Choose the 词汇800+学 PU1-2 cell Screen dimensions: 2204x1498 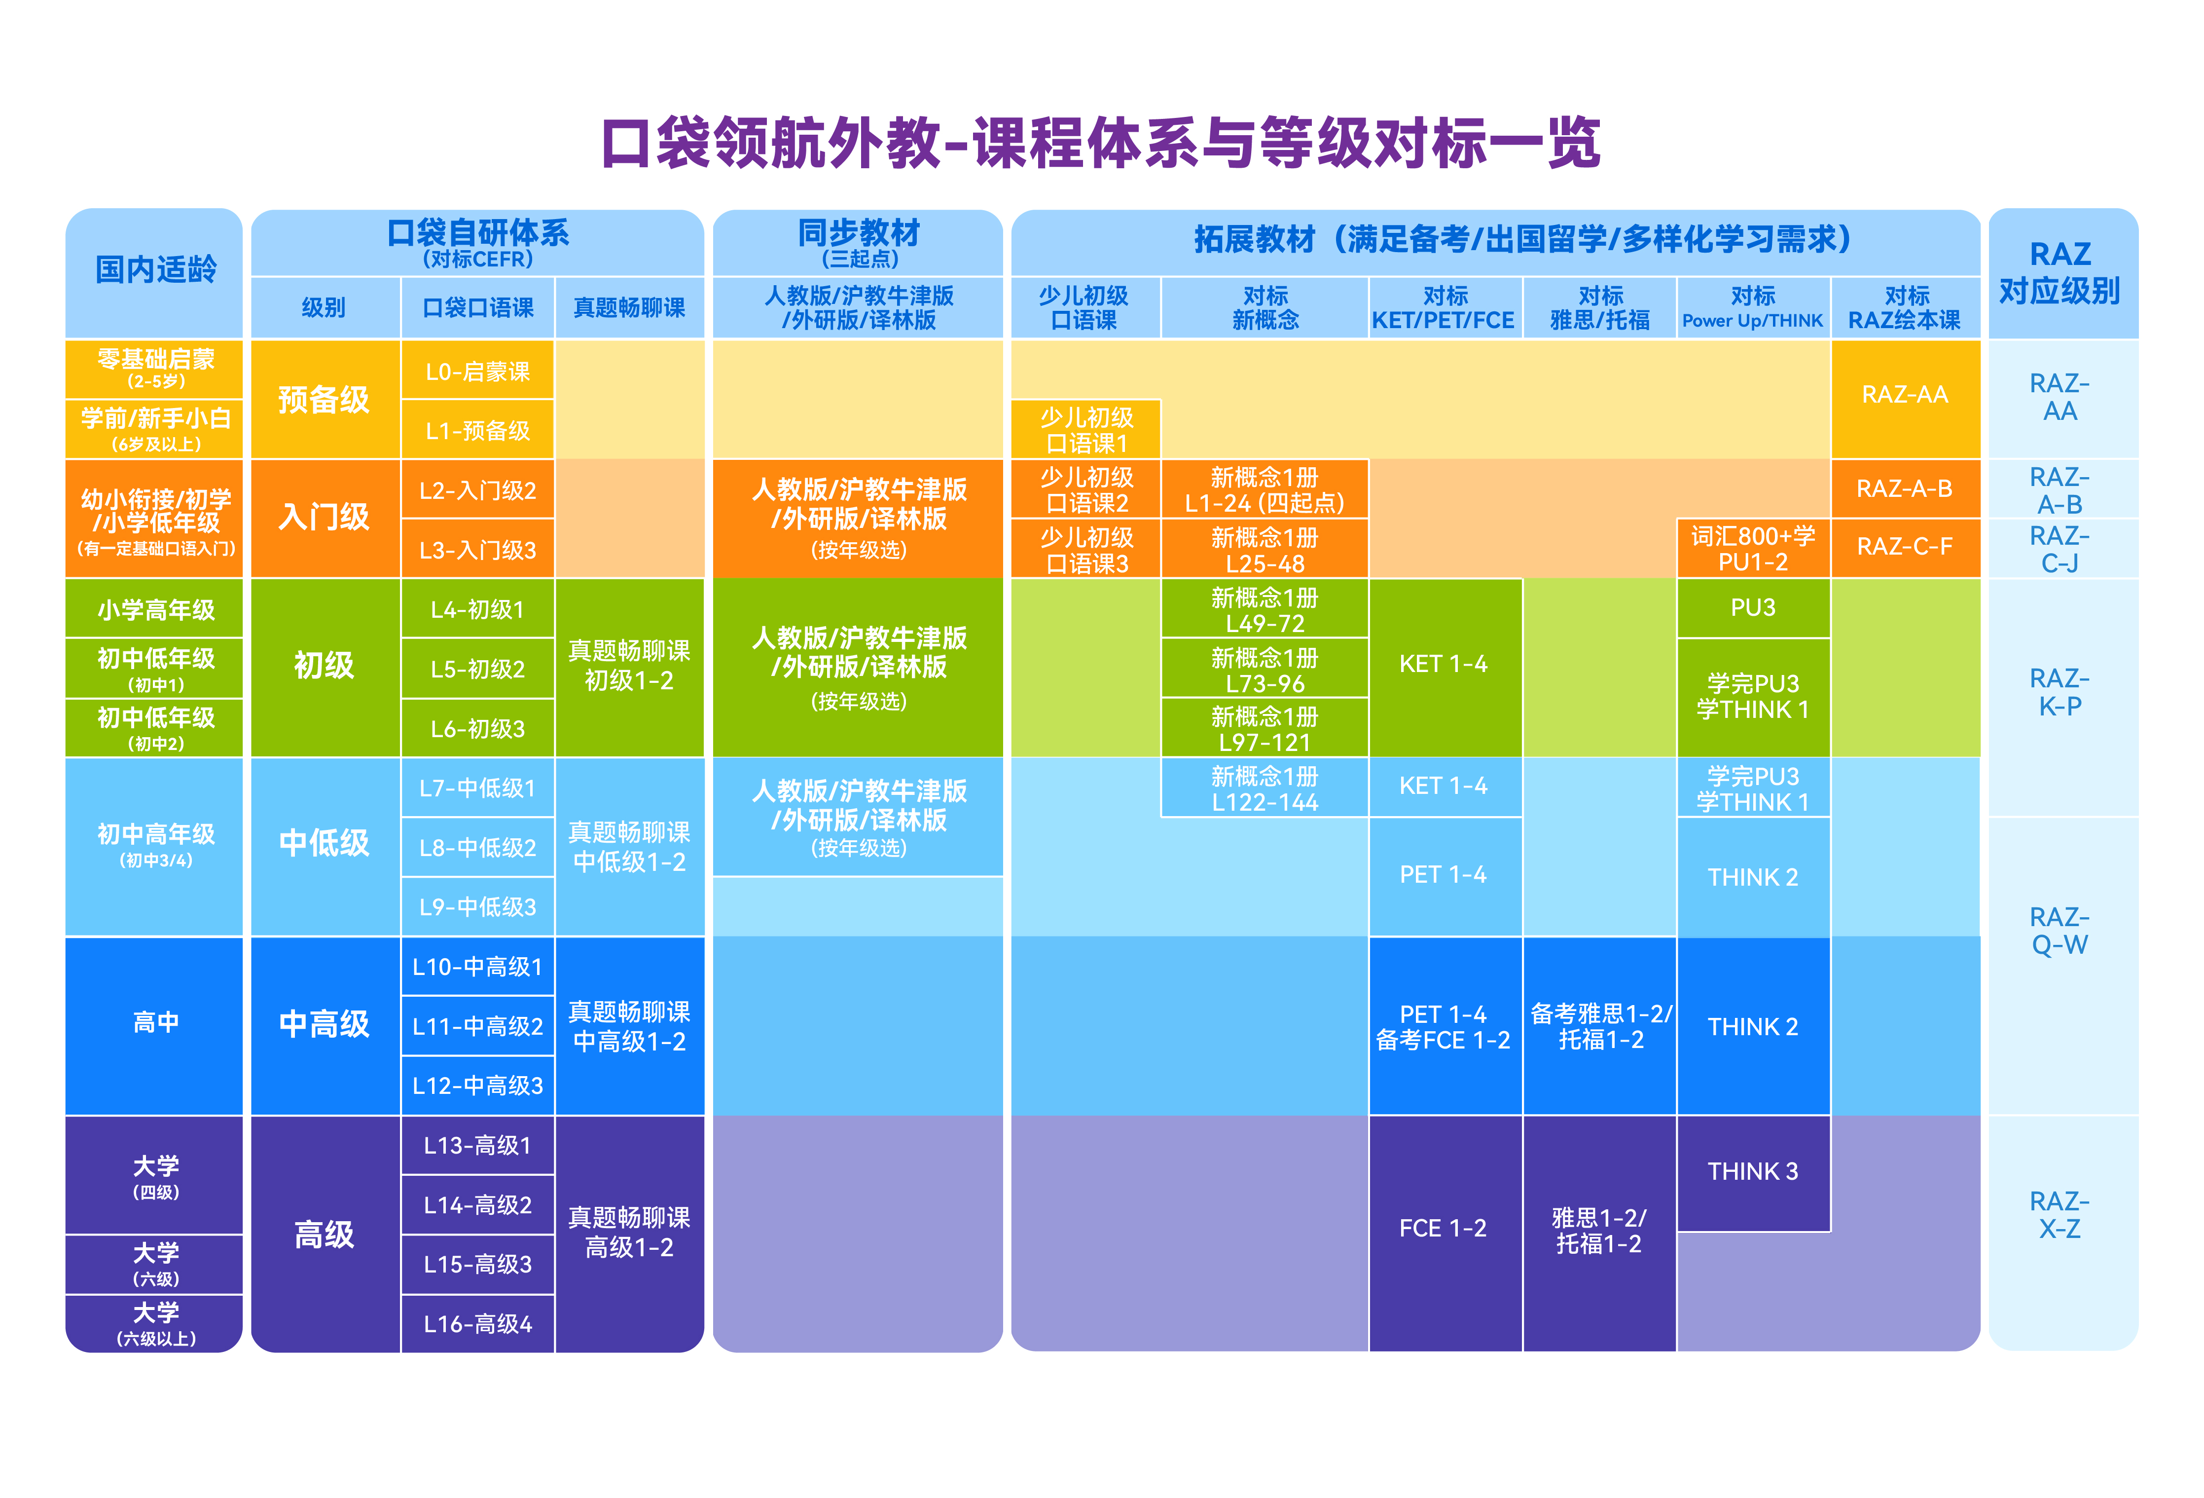click(1753, 548)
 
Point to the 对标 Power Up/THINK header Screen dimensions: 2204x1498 click(1753, 307)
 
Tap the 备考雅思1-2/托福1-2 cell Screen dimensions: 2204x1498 click(1599, 1026)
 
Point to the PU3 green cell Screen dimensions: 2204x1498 click(1753, 608)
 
